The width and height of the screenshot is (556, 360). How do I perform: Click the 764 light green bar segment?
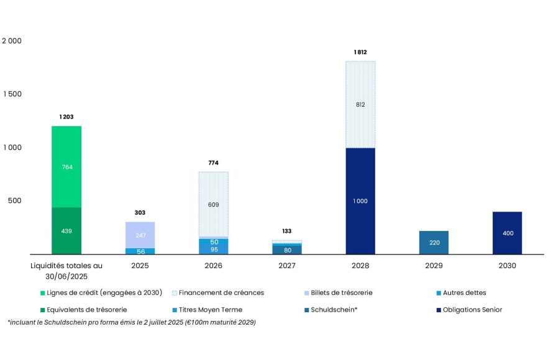[66, 166]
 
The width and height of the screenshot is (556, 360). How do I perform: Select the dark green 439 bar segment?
[66, 231]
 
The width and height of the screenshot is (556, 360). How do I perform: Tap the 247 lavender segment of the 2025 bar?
[140, 235]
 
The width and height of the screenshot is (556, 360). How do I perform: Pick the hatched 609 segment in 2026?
[213, 204]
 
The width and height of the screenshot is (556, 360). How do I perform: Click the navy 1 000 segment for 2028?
[360, 200]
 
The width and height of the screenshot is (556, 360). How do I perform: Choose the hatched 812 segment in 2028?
[360, 104]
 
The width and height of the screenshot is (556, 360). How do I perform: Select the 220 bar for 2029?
[434, 243]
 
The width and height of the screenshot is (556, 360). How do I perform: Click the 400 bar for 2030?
[507, 233]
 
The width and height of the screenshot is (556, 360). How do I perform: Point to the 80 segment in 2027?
[287, 250]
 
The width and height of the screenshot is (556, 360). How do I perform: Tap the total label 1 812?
[360, 52]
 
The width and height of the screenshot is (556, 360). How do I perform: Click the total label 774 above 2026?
[213, 163]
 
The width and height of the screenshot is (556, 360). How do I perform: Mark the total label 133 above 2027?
[287, 231]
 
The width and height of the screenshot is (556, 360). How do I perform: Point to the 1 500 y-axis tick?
[12, 94]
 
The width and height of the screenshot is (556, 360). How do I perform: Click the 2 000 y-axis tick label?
[12, 40]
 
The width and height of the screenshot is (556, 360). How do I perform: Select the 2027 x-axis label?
[287, 265]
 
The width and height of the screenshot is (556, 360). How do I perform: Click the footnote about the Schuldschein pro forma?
[131, 322]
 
